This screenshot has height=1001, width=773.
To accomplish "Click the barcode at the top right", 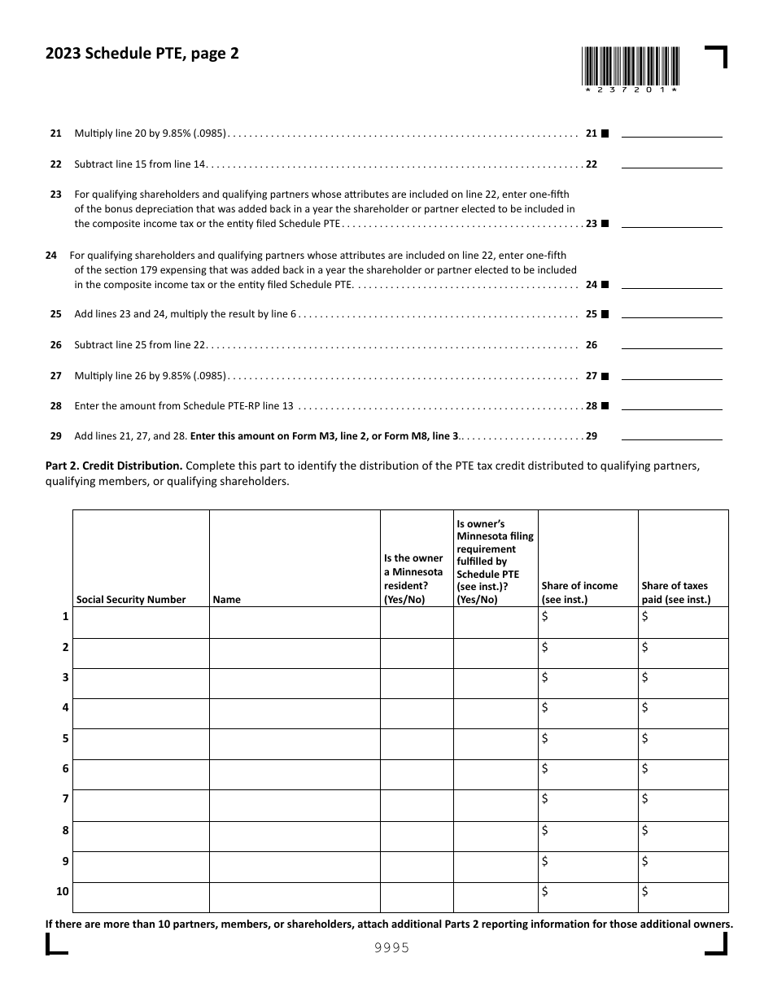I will point(630,69).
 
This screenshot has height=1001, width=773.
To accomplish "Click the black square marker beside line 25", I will point(605,314).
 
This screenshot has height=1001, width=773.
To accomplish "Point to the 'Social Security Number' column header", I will point(131,599).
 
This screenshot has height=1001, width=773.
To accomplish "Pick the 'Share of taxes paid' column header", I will point(675,592).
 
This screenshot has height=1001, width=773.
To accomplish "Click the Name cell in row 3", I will point(295,683).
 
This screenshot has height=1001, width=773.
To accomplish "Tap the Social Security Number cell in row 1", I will point(141,622).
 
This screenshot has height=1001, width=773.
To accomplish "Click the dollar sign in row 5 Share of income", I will point(545,738).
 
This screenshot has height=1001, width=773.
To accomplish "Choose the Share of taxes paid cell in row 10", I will point(683,897).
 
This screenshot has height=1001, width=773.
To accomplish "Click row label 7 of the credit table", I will point(64,799).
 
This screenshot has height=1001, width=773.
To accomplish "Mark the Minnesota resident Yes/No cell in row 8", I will point(416,836).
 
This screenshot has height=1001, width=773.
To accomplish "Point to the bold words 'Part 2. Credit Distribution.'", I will point(114,466).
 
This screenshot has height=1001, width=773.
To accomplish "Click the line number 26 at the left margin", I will point(55,345).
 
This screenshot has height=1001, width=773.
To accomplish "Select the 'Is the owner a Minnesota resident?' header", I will point(416,579).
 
